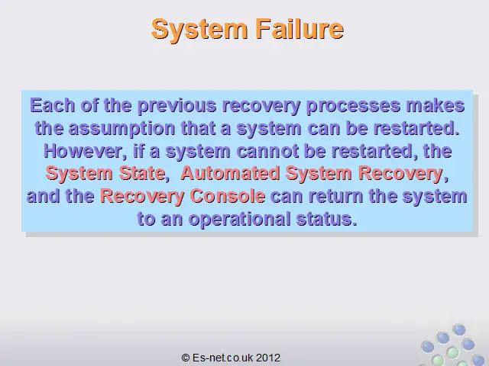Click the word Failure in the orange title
point(300,29)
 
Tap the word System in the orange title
point(199,29)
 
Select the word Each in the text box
point(53,105)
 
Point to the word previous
point(176,106)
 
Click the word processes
point(353,106)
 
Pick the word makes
point(436,105)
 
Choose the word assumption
point(121,129)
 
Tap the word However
point(83,151)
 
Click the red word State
point(142,173)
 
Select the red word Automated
point(230,173)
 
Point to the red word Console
point(228,196)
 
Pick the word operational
point(239,219)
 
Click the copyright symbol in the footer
point(186,358)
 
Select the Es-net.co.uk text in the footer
point(222,358)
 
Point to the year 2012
point(268,358)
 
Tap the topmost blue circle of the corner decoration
point(458,330)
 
